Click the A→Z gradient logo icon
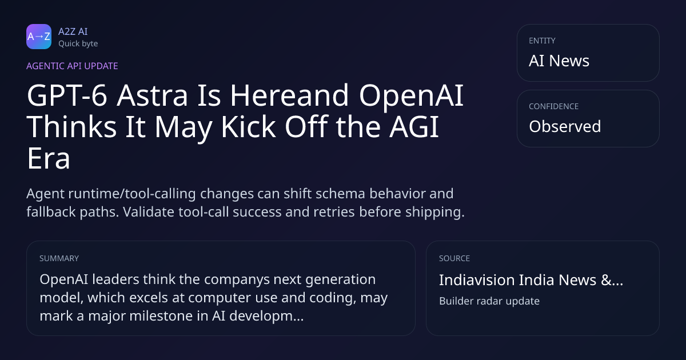click(x=39, y=37)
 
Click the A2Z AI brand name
click(x=73, y=31)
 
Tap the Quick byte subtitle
click(x=78, y=44)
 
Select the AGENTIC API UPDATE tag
click(x=72, y=66)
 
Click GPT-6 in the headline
click(x=67, y=95)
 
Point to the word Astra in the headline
click(x=152, y=95)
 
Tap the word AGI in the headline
click(x=414, y=126)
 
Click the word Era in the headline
click(x=49, y=158)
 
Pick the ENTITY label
click(x=542, y=41)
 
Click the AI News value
click(x=559, y=61)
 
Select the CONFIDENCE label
click(x=554, y=106)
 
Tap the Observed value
click(x=565, y=126)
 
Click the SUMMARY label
click(x=59, y=258)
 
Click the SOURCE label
click(x=454, y=258)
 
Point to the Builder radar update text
click(x=489, y=301)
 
